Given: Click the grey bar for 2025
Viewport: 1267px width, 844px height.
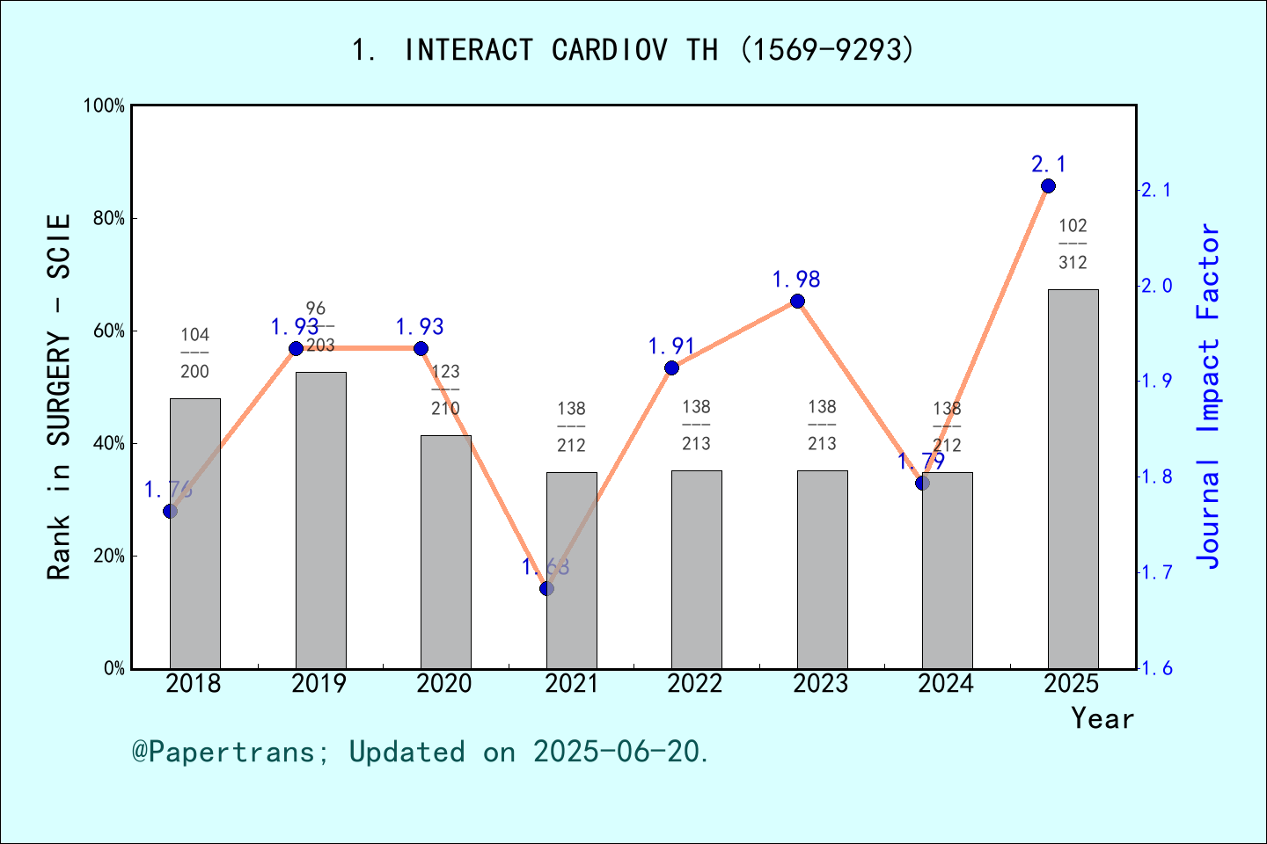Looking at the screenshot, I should tap(1073, 479).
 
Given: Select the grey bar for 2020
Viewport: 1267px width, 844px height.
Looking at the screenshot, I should tap(445, 552).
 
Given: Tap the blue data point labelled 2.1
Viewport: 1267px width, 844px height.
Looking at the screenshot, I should tap(1048, 186).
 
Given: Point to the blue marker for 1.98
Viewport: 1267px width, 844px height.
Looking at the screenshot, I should tap(797, 302).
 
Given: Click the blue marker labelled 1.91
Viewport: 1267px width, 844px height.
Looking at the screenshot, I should tap(671, 367).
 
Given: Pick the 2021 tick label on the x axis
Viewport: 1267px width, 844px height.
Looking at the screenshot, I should tap(571, 684).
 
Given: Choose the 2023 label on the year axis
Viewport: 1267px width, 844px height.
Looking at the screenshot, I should tap(821, 684).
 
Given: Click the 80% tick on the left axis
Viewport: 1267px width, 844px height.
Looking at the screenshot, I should tap(109, 219).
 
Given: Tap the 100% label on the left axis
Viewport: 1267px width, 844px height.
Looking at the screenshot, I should tap(105, 106).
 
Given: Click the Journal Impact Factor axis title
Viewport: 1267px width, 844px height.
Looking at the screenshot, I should tap(1210, 396).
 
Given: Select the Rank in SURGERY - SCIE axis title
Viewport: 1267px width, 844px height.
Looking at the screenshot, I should tap(59, 396).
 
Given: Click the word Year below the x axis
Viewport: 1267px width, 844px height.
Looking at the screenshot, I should tap(1102, 719).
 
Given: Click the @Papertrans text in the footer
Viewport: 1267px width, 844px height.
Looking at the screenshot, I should tap(223, 753).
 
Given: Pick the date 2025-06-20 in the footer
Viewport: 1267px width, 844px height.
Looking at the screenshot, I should tap(619, 753).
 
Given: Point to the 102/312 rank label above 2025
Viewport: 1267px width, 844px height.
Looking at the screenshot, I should tap(1073, 244).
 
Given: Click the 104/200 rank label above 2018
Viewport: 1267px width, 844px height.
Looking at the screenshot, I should tap(195, 353).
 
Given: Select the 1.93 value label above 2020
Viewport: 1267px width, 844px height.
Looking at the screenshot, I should tap(420, 328).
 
